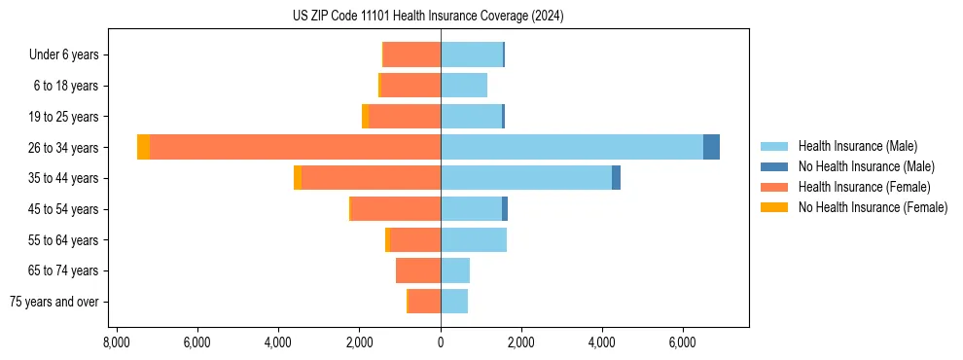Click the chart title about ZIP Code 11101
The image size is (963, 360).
tap(428, 17)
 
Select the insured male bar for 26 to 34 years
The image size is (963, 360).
tap(572, 147)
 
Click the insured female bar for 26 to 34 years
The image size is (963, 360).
tap(295, 147)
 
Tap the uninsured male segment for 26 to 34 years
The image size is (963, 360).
tap(711, 147)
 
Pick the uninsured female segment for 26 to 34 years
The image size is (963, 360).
tap(143, 147)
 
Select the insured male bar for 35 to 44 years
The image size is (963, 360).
tap(526, 178)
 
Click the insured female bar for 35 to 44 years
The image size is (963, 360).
tap(371, 178)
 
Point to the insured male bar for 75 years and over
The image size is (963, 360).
tap(454, 302)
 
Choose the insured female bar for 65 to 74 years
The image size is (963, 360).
tap(418, 270)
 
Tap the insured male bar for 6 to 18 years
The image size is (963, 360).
tap(464, 86)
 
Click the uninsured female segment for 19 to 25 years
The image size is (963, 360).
tap(365, 117)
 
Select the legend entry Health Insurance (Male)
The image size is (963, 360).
tap(857, 146)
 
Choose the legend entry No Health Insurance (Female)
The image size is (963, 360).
tap(872, 207)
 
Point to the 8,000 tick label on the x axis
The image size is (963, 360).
tap(116, 342)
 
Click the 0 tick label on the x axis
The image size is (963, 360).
tap(441, 342)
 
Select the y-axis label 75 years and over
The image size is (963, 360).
tap(53, 302)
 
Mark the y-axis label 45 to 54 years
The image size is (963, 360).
tap(65, 209)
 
